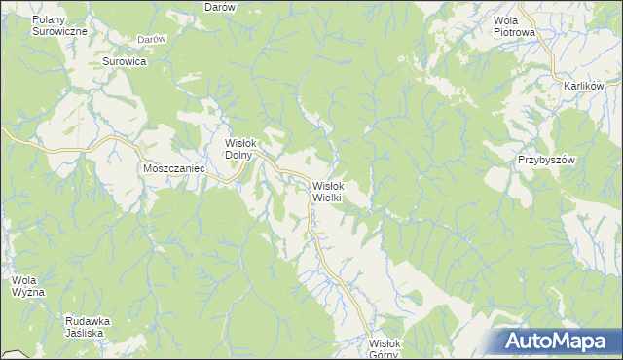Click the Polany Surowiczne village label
click(60, 25)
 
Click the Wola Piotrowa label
click(515, 25)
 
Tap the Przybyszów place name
click(547, 160)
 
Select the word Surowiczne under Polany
click(60, 31)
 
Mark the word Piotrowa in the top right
click(515, 31)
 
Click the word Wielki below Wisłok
click(325, 198)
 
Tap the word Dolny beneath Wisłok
click(239, 154)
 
